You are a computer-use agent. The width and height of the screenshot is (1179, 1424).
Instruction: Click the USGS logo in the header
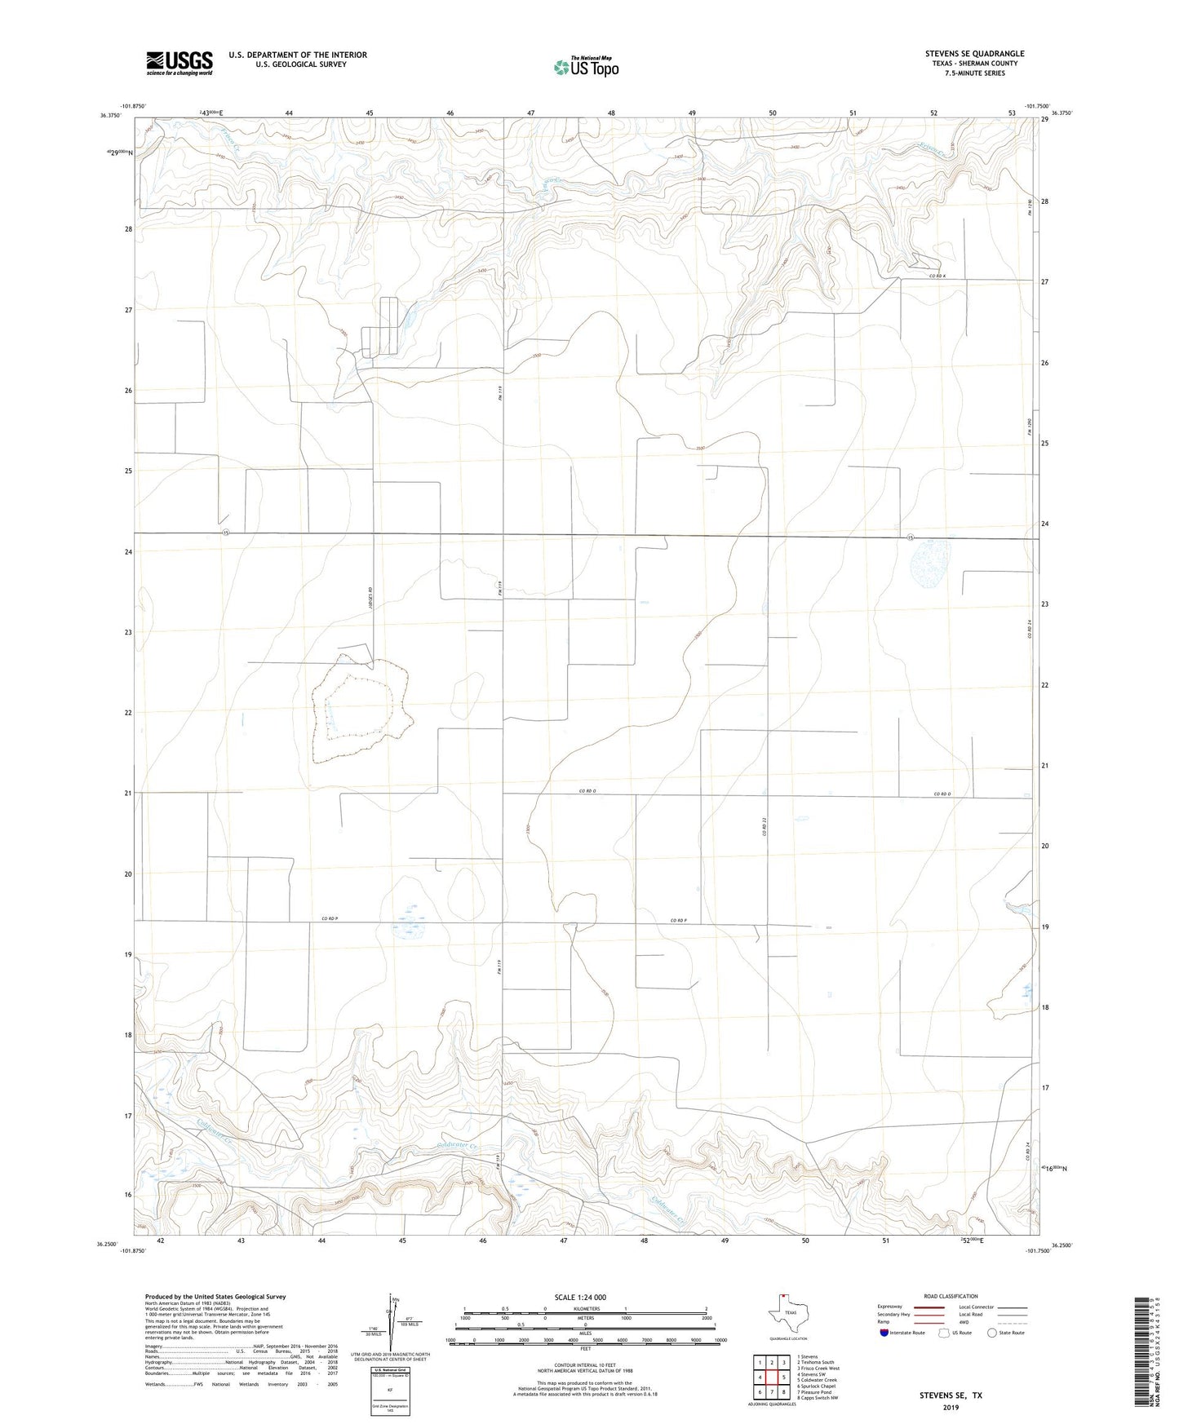point(179,63)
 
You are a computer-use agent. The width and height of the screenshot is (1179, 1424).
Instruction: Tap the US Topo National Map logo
point(585,66)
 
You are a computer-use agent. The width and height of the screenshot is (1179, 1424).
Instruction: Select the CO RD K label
point(935,276)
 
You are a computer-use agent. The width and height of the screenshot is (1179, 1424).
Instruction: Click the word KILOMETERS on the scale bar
point(585,1308)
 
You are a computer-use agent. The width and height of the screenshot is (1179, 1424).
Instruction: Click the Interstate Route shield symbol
point(884,1333)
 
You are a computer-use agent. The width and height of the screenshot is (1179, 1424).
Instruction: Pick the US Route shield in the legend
point(944,1333)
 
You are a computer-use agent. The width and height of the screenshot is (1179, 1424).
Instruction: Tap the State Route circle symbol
point(992,1333)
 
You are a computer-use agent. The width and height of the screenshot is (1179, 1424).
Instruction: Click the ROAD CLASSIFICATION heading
point(951,1296)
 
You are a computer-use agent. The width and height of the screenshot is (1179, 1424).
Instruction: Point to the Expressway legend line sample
point(929,1307)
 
